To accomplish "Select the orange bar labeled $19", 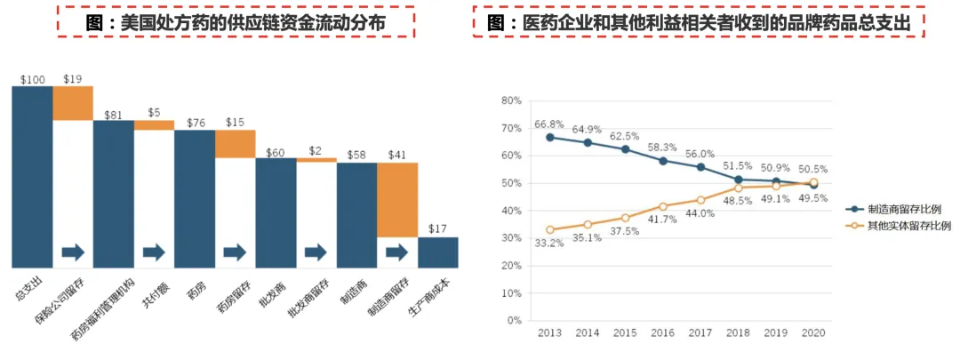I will coord(73,102).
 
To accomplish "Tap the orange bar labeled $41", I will coord(397,200).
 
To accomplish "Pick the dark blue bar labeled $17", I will coord(438,252).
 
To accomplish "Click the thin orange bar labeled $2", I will coord(316,160).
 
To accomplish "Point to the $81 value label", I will coord(113,115).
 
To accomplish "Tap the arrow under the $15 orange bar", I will coord(235,252).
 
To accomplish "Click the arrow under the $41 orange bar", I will coord(397,252).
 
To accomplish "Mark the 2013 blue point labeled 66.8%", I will coord(550,137).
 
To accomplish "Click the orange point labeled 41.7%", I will coord(662,206).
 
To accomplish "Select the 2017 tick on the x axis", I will coord(700,332).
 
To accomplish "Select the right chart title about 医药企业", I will coord(698,23).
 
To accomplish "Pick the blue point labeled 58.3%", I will coord(662,161).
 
